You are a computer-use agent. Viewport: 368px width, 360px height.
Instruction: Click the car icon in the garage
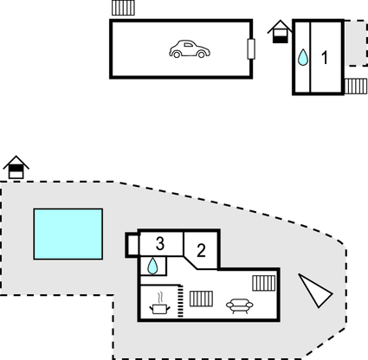(190, 49)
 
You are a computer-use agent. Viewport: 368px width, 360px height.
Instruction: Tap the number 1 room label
(325, 58)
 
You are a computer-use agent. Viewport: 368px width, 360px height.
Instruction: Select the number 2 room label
(201, 250)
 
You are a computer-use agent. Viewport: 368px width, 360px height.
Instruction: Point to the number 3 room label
(160, 243)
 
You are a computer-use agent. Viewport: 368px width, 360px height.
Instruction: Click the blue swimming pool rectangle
(68, 234)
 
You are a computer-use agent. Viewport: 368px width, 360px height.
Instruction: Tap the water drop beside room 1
(303, 57)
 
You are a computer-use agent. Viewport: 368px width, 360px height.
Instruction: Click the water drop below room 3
(152, 266)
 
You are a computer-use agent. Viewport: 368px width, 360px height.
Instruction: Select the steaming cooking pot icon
(159, 304)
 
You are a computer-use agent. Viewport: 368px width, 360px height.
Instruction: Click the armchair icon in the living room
(240, 306)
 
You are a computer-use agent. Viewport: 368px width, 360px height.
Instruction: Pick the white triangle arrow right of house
(314, 291)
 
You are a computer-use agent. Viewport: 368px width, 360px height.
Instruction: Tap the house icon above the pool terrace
(16, 167)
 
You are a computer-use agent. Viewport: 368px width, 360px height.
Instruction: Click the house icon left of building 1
(280, 32)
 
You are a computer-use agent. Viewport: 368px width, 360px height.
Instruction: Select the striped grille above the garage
(123, 8)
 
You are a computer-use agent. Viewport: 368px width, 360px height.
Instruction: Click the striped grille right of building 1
(356, 87)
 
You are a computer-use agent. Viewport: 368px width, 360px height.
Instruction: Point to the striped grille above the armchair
(264, 283)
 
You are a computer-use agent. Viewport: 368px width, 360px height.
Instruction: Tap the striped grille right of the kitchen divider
(202, 299)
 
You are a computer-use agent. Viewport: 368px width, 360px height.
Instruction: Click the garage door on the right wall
(251, 48)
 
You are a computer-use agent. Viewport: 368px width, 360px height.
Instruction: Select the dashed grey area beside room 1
(356, 43)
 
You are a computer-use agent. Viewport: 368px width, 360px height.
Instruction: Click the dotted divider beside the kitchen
(181, 301)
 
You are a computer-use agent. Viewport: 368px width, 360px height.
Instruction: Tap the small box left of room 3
(132, 245)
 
